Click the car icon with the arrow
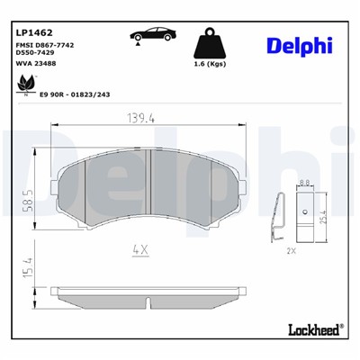[155, 35]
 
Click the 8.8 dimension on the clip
[306, 183]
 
